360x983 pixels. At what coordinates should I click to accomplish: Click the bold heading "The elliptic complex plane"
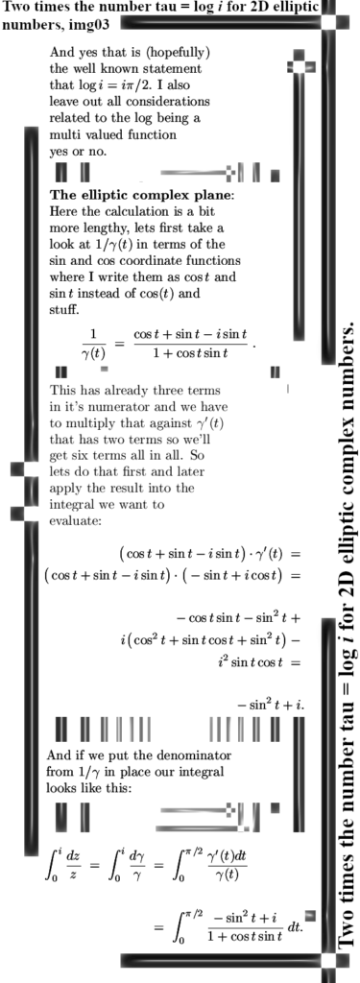coord(140,195)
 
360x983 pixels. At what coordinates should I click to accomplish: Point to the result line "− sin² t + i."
coord(271,705)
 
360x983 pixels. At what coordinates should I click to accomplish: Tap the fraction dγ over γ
coord(134,865)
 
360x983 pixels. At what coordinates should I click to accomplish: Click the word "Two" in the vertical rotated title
coord(348,926)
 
